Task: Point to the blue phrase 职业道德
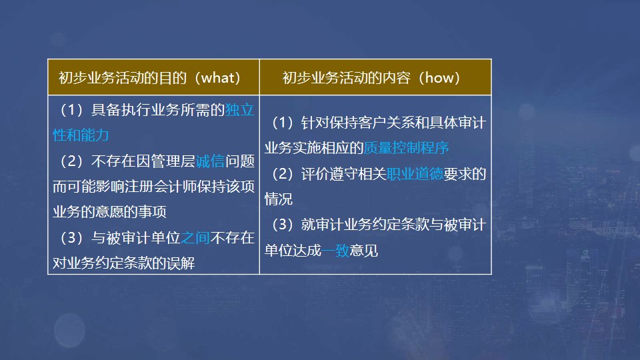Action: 415,174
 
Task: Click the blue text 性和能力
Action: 81,135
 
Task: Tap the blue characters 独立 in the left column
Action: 240,110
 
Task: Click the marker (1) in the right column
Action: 283,123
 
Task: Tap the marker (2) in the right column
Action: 283,174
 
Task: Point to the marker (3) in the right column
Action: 283,225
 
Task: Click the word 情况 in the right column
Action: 279,199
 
